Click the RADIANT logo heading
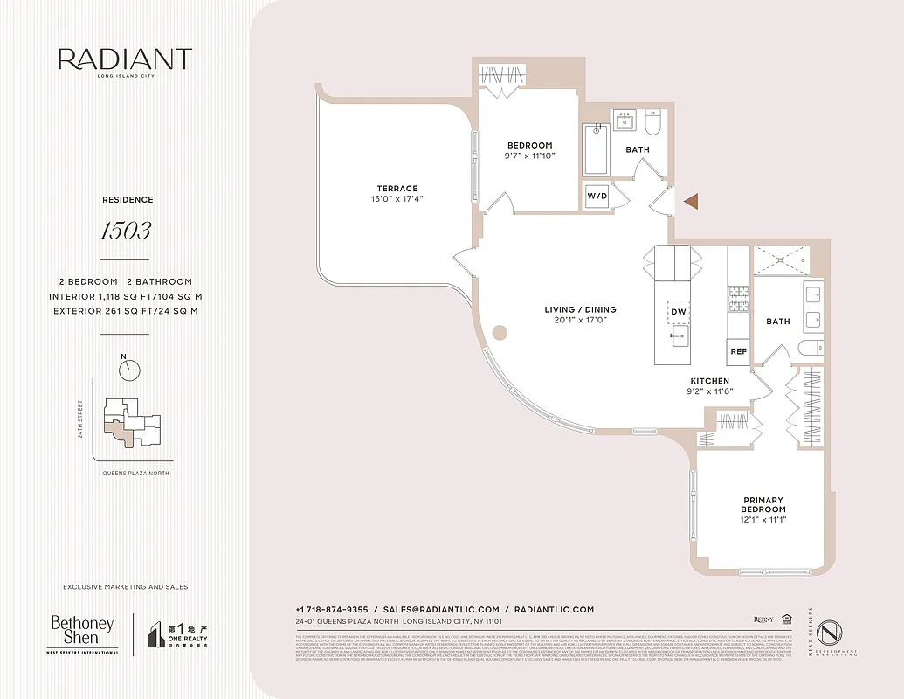tap(124, 59)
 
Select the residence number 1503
tap(125, 231)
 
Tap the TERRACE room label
tap(397, 189)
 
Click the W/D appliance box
tap(597, 195)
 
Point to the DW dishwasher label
tap(679, 311)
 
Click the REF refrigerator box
tap(738, 351)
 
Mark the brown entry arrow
tap(691, 202)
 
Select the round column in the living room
tap(500, 332)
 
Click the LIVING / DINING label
tap(581, 309)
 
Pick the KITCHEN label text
tap(709, 381)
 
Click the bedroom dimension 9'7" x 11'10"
tap(530, 156)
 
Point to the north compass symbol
tap(130, 370)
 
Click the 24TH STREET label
tap(80, 420)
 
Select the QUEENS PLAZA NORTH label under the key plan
tap(130, 473)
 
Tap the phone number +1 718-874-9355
tap(331, 609)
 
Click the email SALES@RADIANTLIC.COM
tap(441, 609)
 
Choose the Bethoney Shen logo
tap(82, 634)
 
